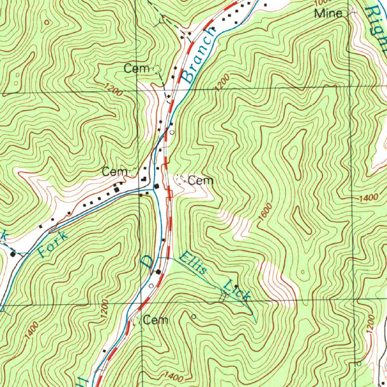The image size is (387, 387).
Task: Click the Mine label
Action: point(328,14)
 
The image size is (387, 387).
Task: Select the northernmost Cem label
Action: point(137,68)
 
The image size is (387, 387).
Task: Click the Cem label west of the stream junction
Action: point(114,172)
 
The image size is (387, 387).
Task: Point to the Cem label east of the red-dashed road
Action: point(201,181)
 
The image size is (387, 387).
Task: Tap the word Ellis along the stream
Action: point(193,264)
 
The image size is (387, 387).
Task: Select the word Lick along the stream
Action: point(237,290)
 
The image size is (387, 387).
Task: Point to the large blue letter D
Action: point(147,262)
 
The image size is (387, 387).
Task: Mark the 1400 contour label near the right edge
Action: point(368,198)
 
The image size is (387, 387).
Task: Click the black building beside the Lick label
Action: point(236,286)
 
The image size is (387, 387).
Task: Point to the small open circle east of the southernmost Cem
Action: point(194,316)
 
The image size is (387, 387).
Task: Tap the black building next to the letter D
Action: point(159,271)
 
